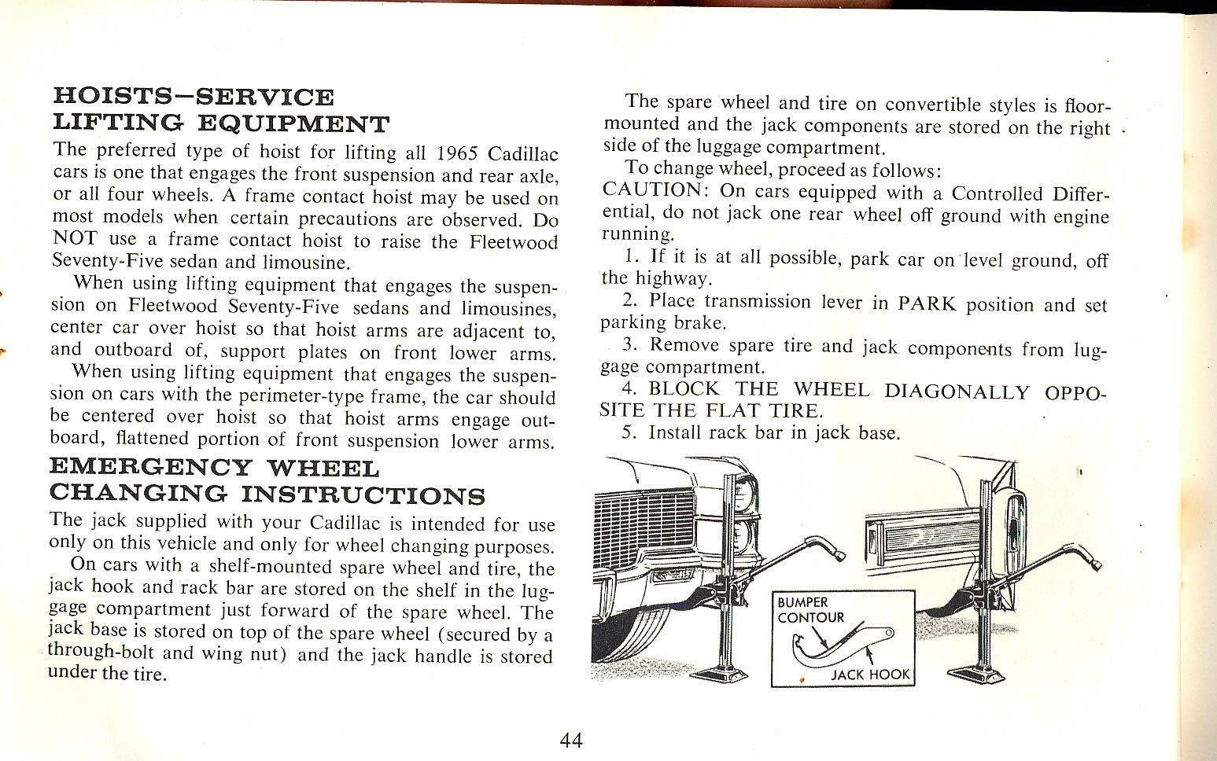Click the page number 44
pos(571,740)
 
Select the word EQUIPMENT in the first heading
pos(293,123)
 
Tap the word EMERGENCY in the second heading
pos(149,469)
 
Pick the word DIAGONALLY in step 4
pos(956,391)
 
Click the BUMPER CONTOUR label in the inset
pos(810,610)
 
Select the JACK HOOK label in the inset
pos(870,674)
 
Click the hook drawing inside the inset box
pos(842,645)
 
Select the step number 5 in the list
pos(627,432)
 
